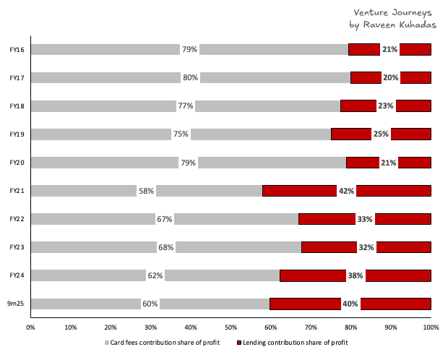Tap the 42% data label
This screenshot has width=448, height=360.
coord(346,191)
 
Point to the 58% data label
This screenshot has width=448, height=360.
coord(146,191)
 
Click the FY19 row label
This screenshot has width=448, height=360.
coord(17,134)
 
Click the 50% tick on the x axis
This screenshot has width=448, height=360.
coord(231,327)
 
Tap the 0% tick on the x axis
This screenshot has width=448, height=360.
coord(31,327)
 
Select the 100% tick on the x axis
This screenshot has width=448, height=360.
coord(431,327)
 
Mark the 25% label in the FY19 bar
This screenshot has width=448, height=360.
coord(381,134)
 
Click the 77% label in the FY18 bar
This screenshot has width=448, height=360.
coord(186,106)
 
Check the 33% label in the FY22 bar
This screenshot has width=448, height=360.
coord(365,219)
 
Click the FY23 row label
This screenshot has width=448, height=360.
coord(17,247)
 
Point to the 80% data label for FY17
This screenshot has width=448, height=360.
coord(190,77)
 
